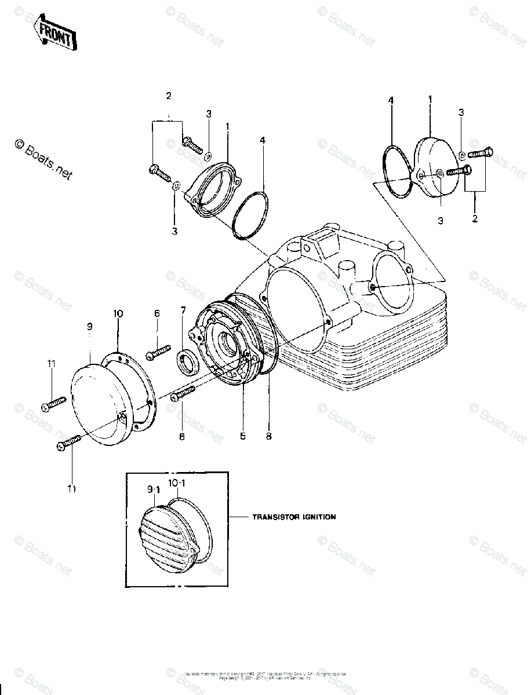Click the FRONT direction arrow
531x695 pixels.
pos(54,34)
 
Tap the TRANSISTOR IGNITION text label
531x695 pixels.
pos(293,517)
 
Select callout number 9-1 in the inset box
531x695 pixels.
pos(153,490)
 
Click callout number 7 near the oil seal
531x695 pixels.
pos(183,311)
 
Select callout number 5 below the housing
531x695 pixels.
pos(243,436)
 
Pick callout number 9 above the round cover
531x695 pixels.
pos(90,327)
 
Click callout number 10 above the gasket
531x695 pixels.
pos(118,313)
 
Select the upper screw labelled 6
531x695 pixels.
pos(159,351)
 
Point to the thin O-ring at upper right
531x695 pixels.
pos(398,171)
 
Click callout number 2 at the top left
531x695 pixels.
pos(169,96)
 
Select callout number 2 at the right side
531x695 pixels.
pos(475,219)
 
